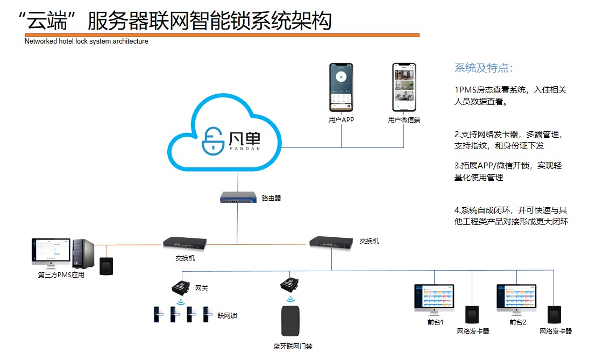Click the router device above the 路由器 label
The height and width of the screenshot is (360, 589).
(x=237, y=197)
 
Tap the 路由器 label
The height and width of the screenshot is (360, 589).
(x=271, y=198)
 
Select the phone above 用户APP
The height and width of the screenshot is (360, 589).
(x=341, y=88)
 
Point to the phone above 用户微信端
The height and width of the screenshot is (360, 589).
(x=404, y=88)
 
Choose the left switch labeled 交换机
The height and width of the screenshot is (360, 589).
(x=184, y=243)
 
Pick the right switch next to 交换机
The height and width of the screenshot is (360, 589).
(x=331, y=242)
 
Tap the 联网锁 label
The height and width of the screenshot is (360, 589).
(x=227, y=315)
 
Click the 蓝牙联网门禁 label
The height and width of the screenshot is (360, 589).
(x=293, y=346)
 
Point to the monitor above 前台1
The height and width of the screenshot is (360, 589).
(x=434, y=298)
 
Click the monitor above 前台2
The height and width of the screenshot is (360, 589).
(x=517, y=298)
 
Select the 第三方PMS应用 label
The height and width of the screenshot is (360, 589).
(x=61, y=274)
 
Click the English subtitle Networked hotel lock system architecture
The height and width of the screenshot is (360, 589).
(x=86, y=41)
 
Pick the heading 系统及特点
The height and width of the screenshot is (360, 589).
(x=484, y=68)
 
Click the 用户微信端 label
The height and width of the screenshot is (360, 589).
(x=404, y=120)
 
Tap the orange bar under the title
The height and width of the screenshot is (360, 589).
(x=222, y=35)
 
